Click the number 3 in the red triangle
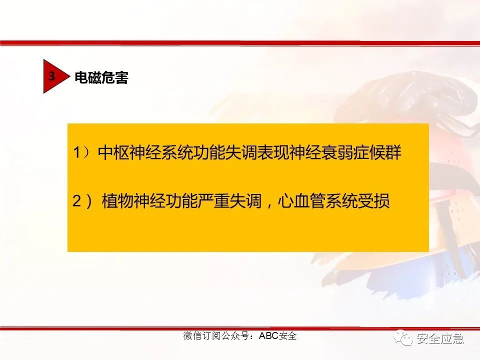click(x=51, y=76)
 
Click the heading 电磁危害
click(x=101, y=78)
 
